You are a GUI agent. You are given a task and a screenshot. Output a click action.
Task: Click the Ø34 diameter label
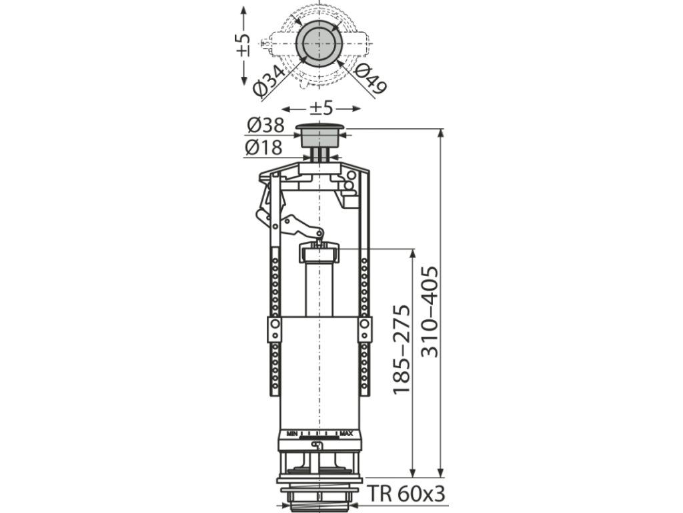[x=270, y=81]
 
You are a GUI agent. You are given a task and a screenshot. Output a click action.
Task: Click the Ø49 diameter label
[x=370, y=79]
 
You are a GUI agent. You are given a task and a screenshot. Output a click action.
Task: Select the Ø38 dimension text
[x=265, y=125]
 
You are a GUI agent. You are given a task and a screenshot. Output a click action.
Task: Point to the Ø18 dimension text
[x=263, y=148]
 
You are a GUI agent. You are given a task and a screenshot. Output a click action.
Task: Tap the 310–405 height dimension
[x=430, y=311]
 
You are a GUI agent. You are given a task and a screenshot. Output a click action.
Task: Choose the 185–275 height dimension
[x=401, y=349]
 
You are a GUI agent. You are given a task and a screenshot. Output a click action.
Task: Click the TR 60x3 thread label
[x=407, y=494]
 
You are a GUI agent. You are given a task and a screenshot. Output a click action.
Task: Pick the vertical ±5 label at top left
[x=243, y=45]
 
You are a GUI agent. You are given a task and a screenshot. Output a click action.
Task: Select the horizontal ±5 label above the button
[x=321, y=108]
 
